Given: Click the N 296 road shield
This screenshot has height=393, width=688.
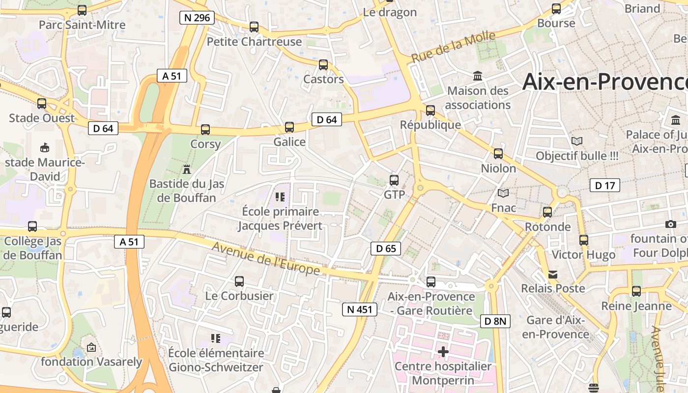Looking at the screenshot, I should [x=197, y=18].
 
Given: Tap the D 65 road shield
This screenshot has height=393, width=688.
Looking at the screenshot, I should [x=386, y=249].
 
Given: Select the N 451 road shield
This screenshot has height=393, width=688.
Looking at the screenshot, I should [x=360, y=309].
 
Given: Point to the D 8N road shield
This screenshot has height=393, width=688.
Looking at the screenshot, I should [x=495, y=321].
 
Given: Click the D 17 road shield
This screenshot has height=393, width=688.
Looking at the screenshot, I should [x=604, y=185].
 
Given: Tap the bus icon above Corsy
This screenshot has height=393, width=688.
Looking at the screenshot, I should [x=205, y=130].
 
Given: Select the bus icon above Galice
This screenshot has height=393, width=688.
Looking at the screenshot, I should [x=289, y=127].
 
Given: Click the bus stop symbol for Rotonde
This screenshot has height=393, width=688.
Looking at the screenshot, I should [x=547, y=212].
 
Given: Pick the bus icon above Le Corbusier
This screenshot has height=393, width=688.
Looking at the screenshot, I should [x=239, y=281].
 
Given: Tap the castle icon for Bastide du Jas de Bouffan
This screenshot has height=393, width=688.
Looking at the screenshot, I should [x=187, y=169].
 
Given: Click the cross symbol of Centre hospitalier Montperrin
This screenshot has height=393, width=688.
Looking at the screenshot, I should [x=443, y=352].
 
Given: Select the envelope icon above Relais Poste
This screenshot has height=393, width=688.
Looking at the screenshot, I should [x=553, y=274].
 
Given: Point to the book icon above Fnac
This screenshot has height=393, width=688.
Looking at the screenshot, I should [x=503, y=193].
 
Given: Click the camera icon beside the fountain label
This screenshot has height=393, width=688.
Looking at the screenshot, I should [x=670, y=224].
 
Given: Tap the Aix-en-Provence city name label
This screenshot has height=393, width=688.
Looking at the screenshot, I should [x=604, y=82].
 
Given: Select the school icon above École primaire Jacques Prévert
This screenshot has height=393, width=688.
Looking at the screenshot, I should [x=280, y=197].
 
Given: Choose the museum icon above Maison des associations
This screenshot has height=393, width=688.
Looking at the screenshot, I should [x=478, y=76].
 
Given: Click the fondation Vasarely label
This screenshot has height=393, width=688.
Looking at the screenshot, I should [x=91, y=362].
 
